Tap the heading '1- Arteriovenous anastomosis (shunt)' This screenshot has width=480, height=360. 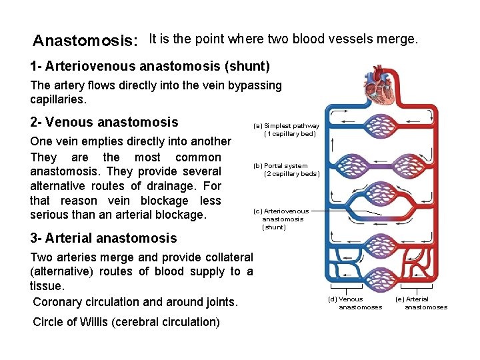click(x=150, y=67)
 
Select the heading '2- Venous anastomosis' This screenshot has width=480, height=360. click(x=105, y=122)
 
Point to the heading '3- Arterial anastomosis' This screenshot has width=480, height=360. click(x=103, y=238)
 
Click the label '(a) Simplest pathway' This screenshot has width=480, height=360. click(x=286, y=126)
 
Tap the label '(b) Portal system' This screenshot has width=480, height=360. click(x=279, y=166)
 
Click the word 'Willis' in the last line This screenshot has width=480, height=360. click(x=94, y=322)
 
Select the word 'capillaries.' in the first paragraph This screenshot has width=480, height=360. click(x=59, y=99)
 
